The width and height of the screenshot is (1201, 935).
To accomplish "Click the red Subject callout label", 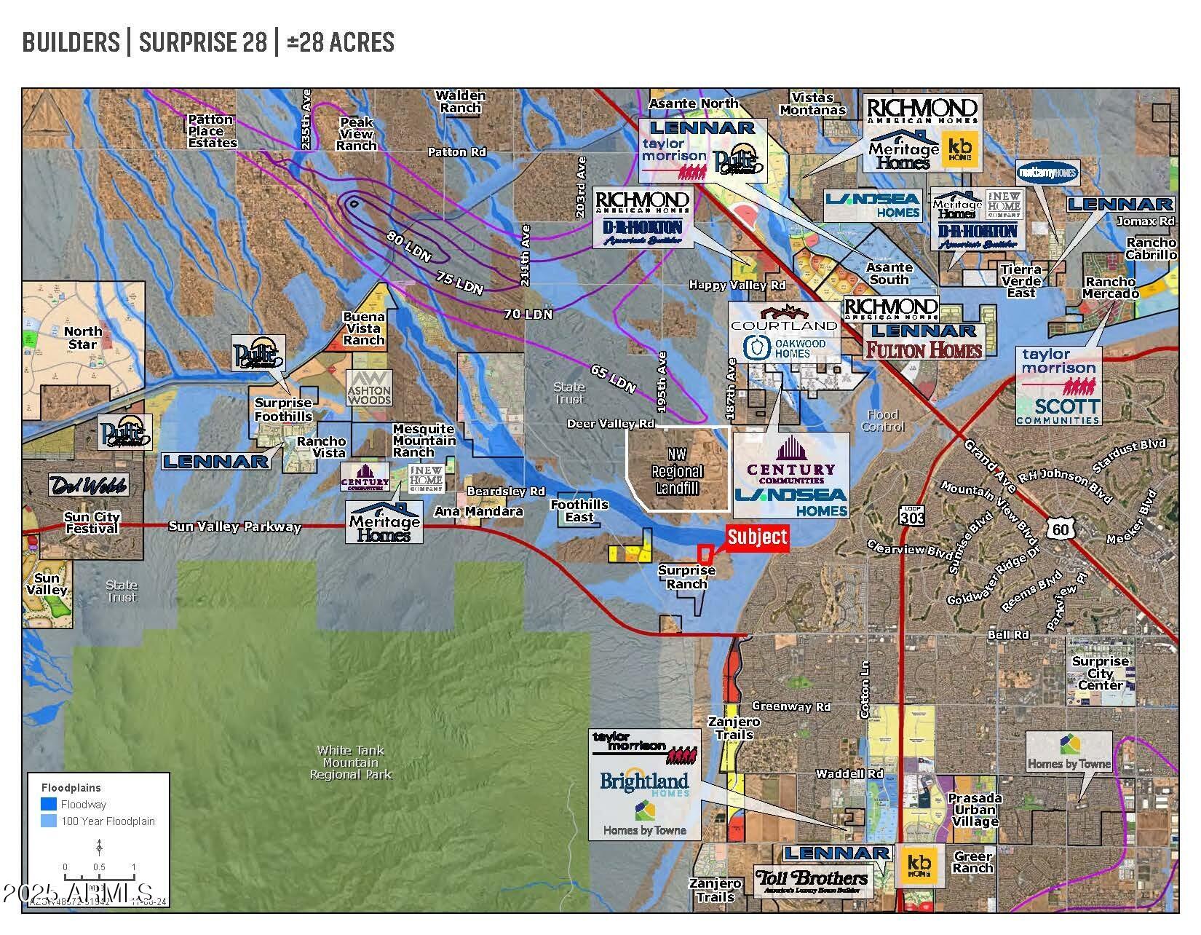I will [x=757, y=537].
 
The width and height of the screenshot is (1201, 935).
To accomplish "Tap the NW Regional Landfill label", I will [x=677, y=471].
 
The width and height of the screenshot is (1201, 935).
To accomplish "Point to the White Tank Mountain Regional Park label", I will [x=351, y=762].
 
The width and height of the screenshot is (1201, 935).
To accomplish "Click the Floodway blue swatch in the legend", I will [x=49, y=805].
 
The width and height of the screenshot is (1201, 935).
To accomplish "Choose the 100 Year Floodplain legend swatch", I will [x=49, y=821].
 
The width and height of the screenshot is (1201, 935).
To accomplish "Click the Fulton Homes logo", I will [x=924, y=350].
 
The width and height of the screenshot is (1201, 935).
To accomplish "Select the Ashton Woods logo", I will [x=369, y=387].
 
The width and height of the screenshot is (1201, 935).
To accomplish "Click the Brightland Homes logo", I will [x=644, y=784].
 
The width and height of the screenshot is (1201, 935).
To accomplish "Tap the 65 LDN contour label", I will [x=613, y=378].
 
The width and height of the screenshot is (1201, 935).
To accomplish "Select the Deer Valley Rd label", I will [x=611, y=423].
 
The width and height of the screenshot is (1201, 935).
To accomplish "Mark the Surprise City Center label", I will [x=1100, y=673].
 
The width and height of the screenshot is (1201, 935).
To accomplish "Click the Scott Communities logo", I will [x=1058, y=410].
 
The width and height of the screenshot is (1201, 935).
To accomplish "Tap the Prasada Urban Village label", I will [x=975, y=810].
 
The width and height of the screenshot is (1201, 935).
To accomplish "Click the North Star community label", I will [x=82, y=337].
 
